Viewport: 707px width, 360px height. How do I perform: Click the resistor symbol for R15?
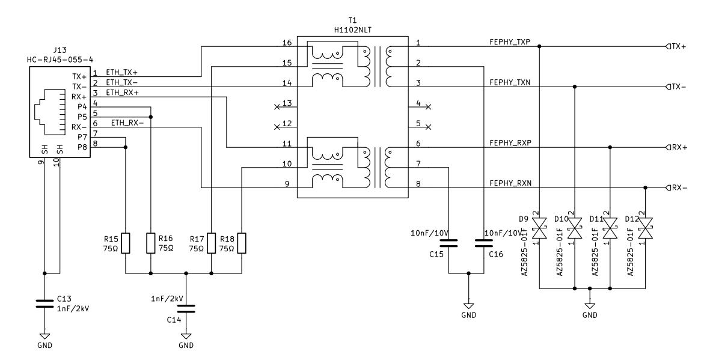coord(124,243)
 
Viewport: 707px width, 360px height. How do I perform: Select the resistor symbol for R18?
coord(241,243)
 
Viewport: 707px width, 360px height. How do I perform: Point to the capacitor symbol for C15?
coord(449,243)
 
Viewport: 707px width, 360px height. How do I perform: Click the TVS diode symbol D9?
coord(540,228)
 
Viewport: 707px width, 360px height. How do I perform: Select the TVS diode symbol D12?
coord(646,228)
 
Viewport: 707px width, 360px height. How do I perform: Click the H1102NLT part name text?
coord(353,29)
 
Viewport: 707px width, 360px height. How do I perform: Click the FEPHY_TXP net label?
coord(510,41)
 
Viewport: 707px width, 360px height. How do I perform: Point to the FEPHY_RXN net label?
coord(510,183)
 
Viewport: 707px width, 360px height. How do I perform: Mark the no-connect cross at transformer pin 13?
coord(277,108)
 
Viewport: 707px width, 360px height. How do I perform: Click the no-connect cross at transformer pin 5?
coord(428,127)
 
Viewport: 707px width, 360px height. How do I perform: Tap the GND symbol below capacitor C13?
coord(44,337)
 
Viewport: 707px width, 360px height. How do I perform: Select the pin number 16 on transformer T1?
coord(287,42)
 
